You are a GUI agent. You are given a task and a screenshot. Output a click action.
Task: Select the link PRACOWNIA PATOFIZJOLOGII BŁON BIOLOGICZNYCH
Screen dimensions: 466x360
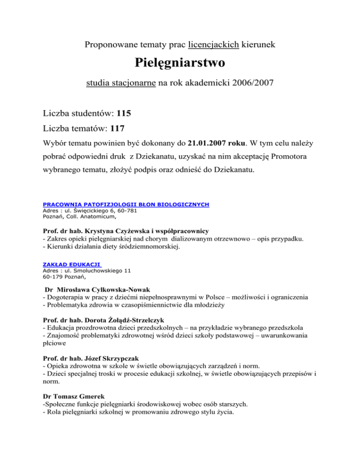(x=126, y=205)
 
